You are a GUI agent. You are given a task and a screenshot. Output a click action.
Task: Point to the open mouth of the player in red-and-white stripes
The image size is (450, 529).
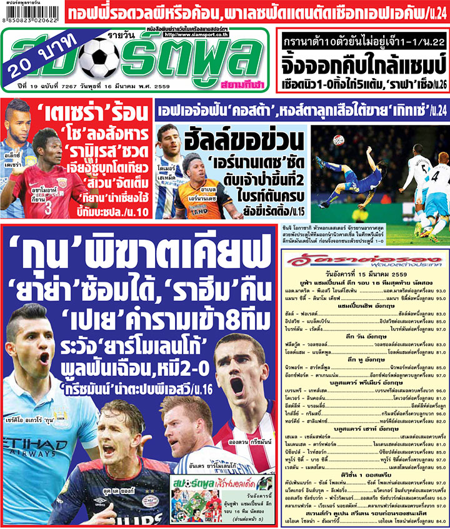[238, 387]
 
